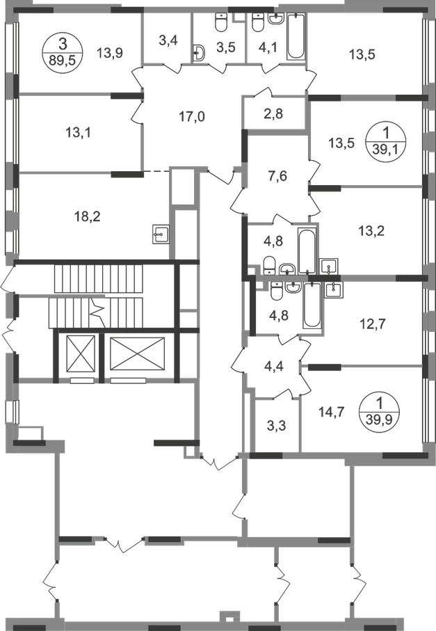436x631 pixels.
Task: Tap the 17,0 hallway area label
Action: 192,117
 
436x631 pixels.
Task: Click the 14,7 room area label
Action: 332,413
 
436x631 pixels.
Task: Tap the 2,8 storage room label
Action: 273,113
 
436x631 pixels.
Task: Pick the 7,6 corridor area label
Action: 278,175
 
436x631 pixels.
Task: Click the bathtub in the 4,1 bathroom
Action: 296,36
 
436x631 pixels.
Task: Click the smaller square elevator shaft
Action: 81,353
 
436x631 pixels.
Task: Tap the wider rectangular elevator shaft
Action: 138,353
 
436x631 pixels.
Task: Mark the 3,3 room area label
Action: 277,425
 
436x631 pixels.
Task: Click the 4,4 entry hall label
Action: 274,367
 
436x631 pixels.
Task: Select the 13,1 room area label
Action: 78,132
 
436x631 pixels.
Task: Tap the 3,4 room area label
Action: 168,40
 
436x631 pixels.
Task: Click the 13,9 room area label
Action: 109,51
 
